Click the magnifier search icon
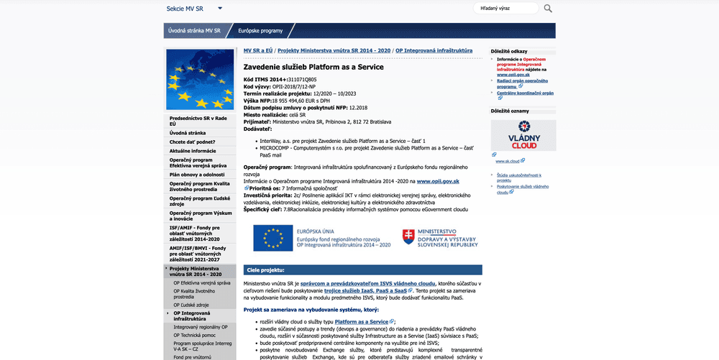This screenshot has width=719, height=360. click(548, 9)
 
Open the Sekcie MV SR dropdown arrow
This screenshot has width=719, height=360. click(220, 9)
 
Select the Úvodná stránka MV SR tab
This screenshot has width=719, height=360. click(194, 31)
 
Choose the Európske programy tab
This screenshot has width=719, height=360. click(261, 31)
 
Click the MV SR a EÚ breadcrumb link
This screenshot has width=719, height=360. click(257, 51)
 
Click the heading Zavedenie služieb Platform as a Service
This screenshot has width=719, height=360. click(313, 66)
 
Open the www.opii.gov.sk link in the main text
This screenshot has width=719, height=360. click(438, 181)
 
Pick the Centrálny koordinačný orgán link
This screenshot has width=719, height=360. click(525, 93)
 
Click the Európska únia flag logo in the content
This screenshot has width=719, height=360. click(272, 238)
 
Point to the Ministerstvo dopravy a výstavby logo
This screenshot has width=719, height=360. click(439, 238)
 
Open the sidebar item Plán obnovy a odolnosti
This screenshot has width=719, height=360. click(197, 175)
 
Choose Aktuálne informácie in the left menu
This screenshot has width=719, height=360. click(193, 151)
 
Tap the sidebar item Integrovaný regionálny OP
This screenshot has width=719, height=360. click(201, 327)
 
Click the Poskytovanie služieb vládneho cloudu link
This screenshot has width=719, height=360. click(522, 189)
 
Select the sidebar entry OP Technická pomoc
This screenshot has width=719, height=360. click(194, 336)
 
